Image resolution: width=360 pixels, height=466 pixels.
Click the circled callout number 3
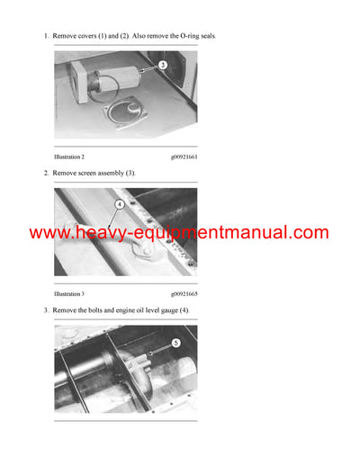coord(162,65)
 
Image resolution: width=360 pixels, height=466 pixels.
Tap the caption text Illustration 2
coord(69,156)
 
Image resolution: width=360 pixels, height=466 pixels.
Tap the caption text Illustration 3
coord(69,293)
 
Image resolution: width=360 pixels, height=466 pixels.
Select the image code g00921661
coord(183,156)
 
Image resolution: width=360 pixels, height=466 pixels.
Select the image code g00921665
coord(183,293)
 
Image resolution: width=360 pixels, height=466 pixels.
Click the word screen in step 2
coord(84,173)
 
